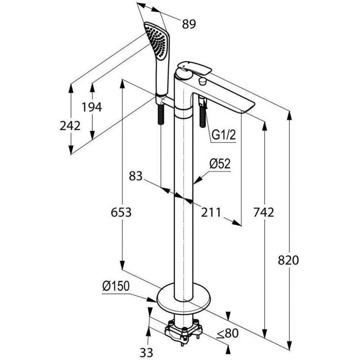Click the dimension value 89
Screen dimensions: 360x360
tap(189, 24)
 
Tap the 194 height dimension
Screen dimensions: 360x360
tap(92, 107)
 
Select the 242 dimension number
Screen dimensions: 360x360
tap(70, 126)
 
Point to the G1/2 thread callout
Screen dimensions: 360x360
tap(224, 135)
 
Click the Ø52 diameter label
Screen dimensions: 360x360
tap(220, 164)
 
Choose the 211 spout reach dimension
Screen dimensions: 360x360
tap(211, 212)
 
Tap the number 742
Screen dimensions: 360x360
tap(263, 212)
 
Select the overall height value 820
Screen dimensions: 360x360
tap(288, 260)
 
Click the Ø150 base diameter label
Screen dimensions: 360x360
tap(116, 285)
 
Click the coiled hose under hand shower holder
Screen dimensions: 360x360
tap(161, 115)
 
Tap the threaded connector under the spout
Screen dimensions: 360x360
tap(202, 112)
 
